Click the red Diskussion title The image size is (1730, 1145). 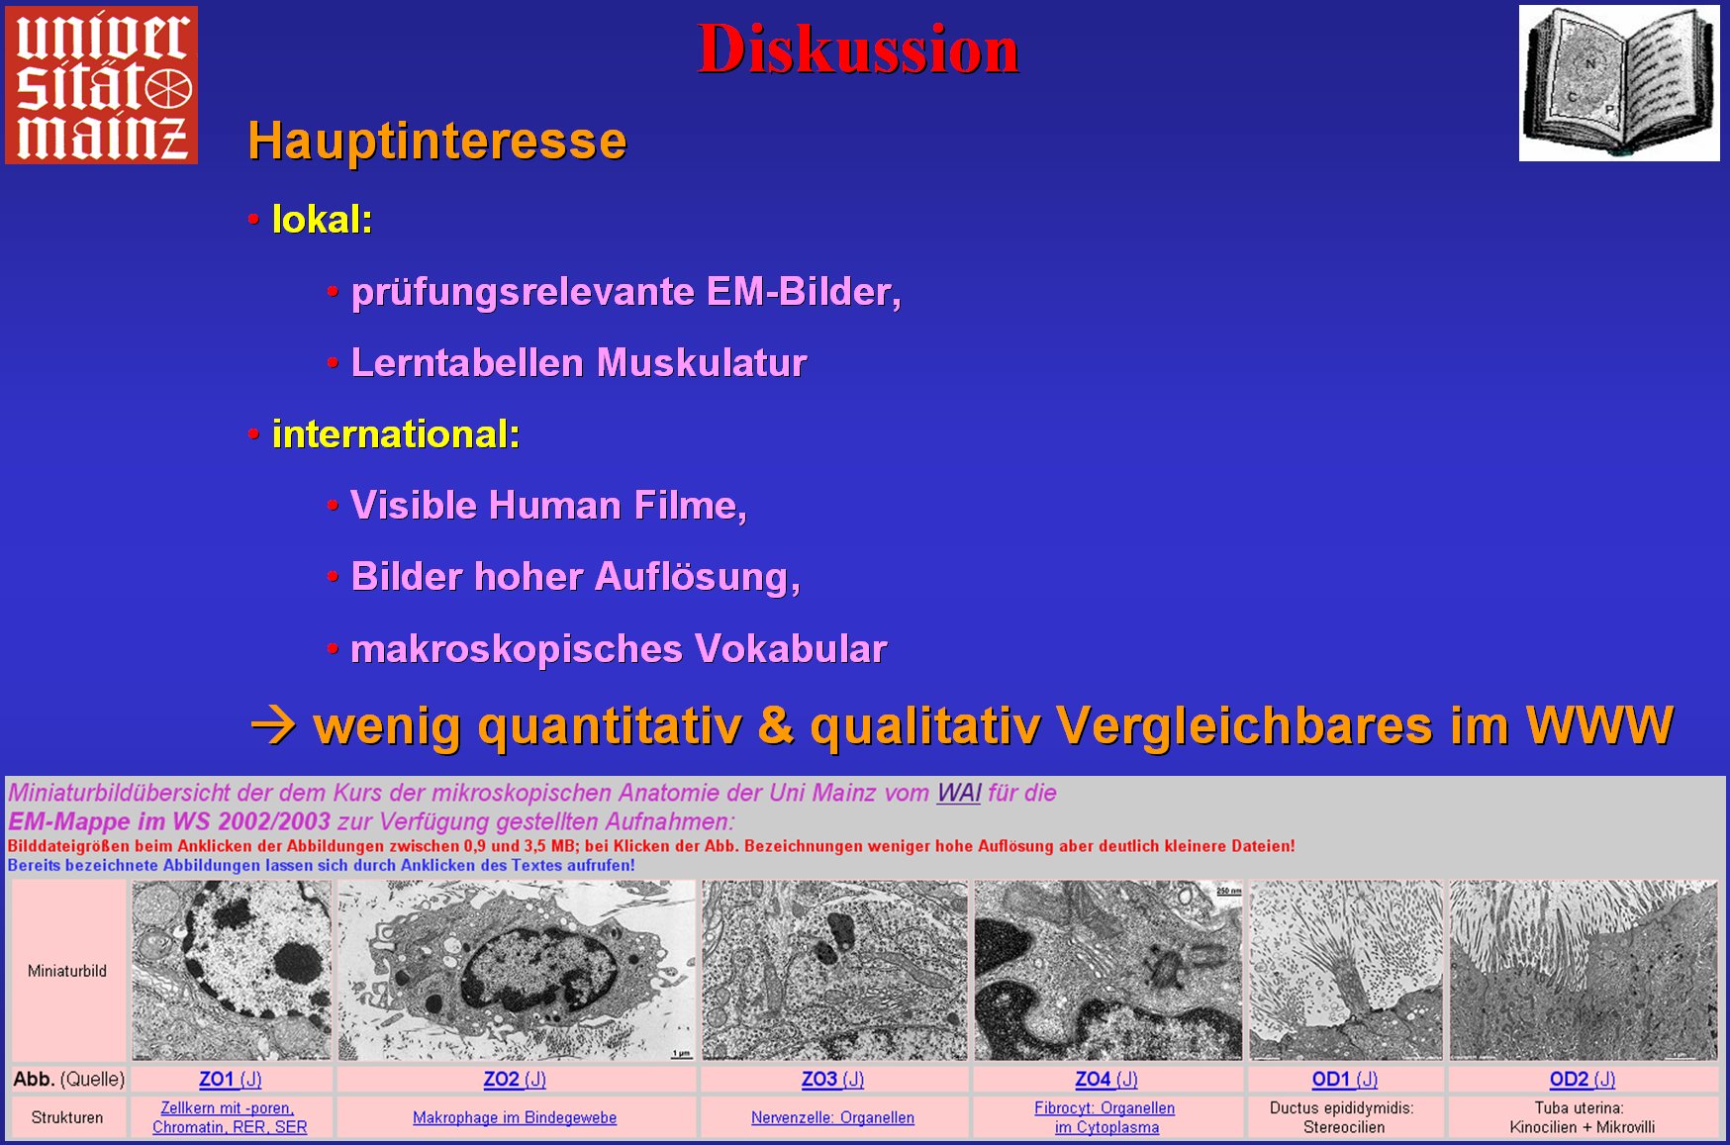coord(858,48)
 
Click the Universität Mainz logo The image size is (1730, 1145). coord(101,85)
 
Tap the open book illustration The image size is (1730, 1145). coord(1619,83)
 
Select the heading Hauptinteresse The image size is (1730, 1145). coord(437,141)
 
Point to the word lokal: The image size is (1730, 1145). coord(323,219)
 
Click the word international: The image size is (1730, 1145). coord(396,433)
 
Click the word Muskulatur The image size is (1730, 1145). coord(703,362)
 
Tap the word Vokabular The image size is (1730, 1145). coord(791,648)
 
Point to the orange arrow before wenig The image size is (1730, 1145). coord(274,725)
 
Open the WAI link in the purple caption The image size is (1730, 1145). coord(959,793)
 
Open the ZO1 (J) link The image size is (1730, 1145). coord(231,1079)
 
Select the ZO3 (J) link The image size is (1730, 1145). coord(833,1079)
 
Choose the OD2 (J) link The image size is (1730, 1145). coord(1583,1079)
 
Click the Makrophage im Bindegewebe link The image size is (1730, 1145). coord(515,1117)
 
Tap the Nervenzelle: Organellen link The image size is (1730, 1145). coord(832,1117)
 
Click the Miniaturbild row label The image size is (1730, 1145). coord(67,971)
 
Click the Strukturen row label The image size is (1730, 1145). coord(67,1117)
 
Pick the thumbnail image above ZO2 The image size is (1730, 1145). coord(516,971)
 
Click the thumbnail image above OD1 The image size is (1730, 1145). coord(1346,971)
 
